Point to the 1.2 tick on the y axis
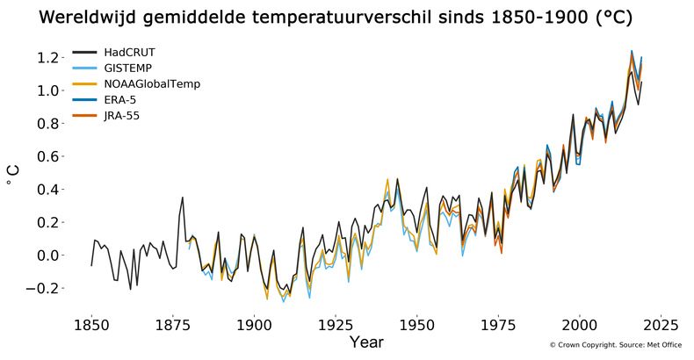pos(47,58)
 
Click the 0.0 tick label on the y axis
pos(47,256)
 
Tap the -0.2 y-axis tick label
pos(44,289)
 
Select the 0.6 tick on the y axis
pos(47,157)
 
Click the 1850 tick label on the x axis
pos(91,325)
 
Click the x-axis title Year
pos(365,342)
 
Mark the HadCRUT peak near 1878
pos(183,198)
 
